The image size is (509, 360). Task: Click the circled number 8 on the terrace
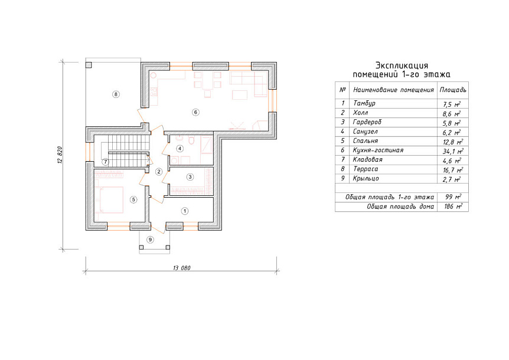(x=116, y=94)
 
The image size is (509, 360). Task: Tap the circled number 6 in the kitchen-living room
(x=195, y=112)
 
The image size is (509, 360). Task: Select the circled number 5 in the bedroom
(x=133, y=199)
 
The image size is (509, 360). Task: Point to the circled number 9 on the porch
(x=150, y=240)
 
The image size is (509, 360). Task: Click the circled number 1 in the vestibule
(x=185, y=211)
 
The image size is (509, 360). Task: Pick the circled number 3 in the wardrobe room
(x=190, y=177)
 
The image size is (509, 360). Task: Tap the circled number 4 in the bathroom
(x=180, y=149)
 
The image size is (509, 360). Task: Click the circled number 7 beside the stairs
(x=105, y=162)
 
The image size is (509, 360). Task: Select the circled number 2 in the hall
(x=159, y=172)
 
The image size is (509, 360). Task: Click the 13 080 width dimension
(x=182, y=268)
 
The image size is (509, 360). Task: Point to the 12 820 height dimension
(x=60, y=155)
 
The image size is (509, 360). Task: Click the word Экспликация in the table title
(x=402, y=66)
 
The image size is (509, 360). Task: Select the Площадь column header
(x=453, y=90)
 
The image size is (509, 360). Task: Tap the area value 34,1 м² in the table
(x=453, y=151)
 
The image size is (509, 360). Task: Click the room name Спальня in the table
(x=365, y=141)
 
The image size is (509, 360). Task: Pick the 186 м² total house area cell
(x=453, y=207)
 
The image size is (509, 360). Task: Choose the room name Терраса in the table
(x=366, y=169)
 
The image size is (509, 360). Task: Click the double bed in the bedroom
(x=109, y=199)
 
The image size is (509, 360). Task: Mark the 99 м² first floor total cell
(x=453, y=197)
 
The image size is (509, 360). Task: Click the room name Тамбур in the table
(x=364, y=103)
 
